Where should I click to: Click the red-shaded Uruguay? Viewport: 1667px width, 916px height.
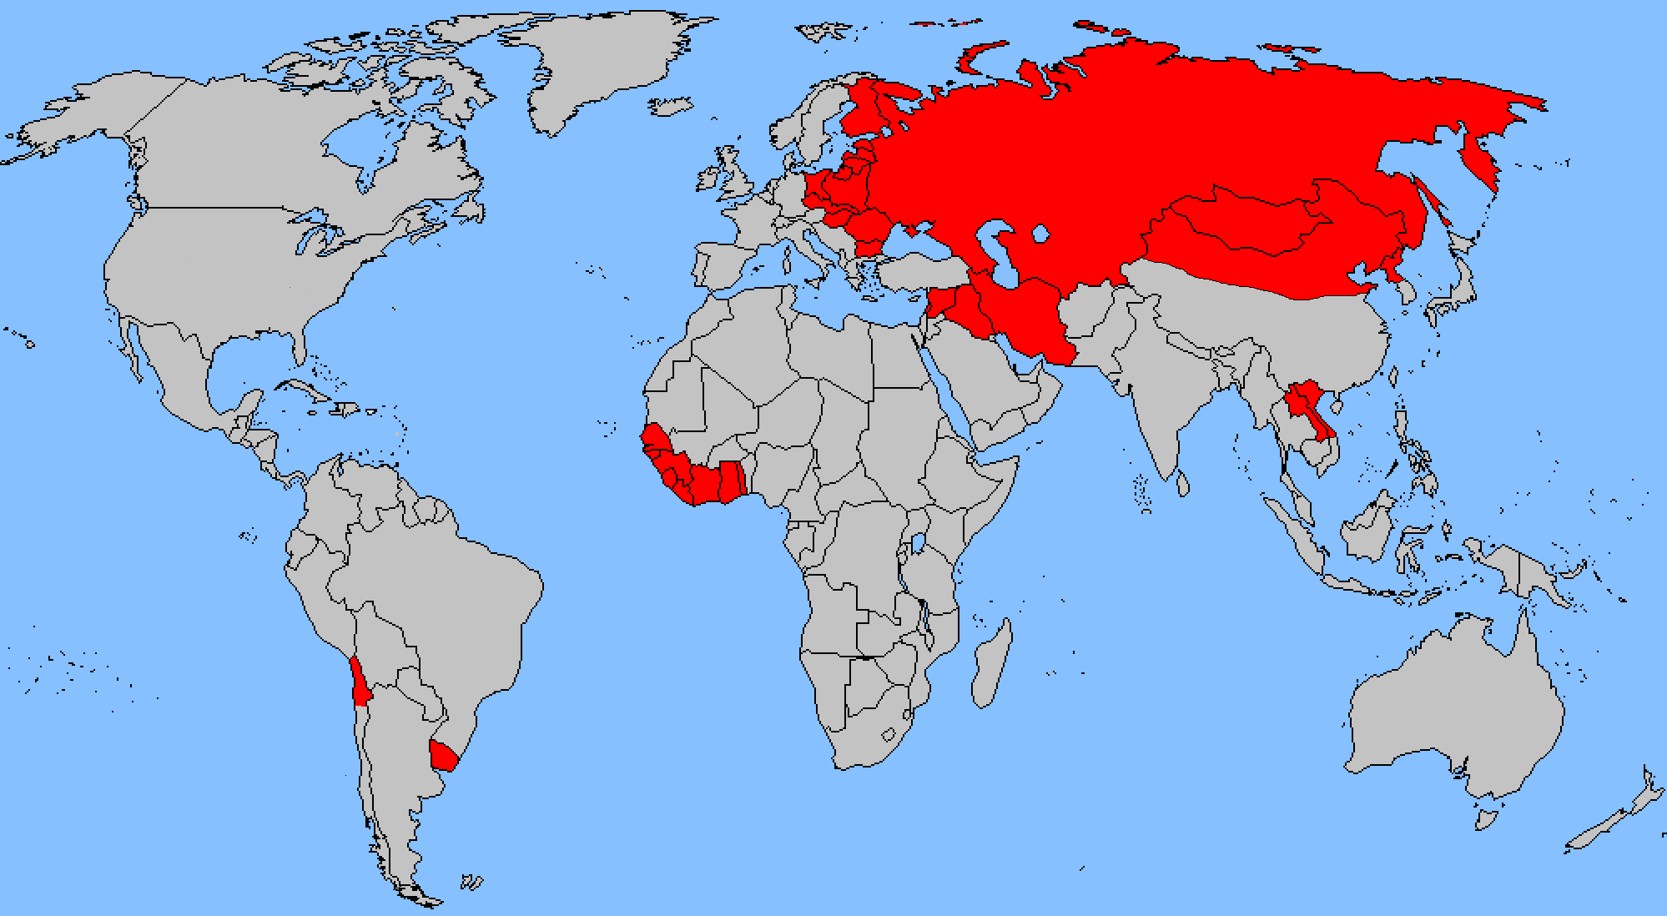pos(443,755)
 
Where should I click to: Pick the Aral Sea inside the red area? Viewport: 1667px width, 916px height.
pos(1040,234)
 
